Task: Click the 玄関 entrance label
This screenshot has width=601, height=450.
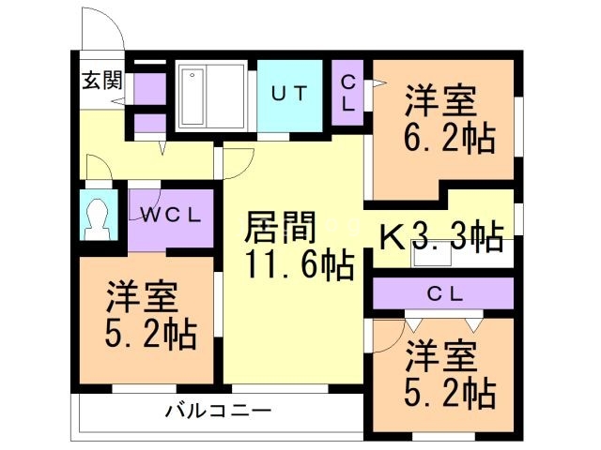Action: point(100,80)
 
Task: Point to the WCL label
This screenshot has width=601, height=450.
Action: point(172,215)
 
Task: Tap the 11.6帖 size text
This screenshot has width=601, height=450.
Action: point(299,267)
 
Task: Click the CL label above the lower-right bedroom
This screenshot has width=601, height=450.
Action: point(445,293)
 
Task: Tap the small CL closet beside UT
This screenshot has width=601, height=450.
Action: point(347,93)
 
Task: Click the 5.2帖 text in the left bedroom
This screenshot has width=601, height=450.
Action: point(149,335)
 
